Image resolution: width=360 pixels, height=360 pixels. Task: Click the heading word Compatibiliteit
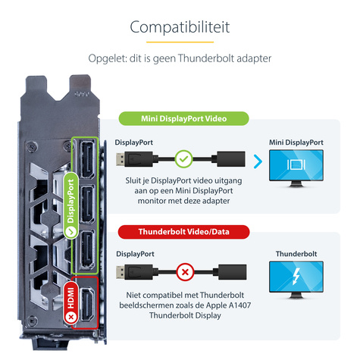[x=180, y=27]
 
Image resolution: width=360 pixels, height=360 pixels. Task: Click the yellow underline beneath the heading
[x=180, y=42]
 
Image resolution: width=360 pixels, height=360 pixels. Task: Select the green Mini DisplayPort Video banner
[x=183, y=118]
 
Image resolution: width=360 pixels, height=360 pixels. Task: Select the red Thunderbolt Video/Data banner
[x=183, y=232]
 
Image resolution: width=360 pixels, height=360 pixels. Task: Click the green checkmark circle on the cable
[x=184, y=159]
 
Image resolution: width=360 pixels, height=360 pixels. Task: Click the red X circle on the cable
[x=185, y=272]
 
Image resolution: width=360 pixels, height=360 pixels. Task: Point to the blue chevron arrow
[x=258, y=161]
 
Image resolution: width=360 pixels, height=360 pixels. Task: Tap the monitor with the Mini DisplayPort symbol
[x=296, y=168]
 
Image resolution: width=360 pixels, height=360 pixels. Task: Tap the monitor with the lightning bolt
[x=296, y=280]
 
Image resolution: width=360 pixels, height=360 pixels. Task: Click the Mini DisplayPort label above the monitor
[x=296, y=142]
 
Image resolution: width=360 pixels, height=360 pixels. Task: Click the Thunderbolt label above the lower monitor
[x=296, y=254]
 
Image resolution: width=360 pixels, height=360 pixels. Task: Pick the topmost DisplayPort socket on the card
[x=87, y=160]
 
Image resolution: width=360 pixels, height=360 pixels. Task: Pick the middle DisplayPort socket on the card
[x=87, y=205]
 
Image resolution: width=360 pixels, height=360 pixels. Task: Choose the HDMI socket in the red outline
[x=87, y=305]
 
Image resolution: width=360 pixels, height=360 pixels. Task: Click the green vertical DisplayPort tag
[x=71, y=205]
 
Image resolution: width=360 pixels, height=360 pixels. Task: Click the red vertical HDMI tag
[x=71, y=302]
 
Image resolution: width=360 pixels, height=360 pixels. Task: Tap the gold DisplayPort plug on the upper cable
[x=121, y=159]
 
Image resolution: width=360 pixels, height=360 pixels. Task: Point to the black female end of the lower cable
[x=232, y=272]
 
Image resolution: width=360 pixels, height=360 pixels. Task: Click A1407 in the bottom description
[x=239, y=305]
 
